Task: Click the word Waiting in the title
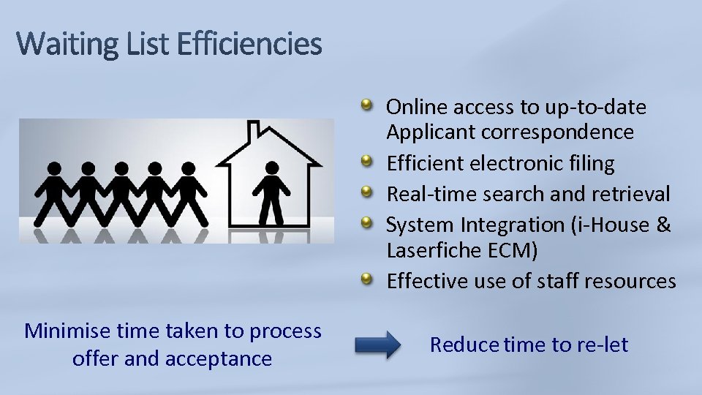tap(62, 45)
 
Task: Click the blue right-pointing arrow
tap(378, 344)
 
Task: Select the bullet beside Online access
tap(369, 107)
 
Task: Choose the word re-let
tap(603, 345)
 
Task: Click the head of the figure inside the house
tap(271, 168)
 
